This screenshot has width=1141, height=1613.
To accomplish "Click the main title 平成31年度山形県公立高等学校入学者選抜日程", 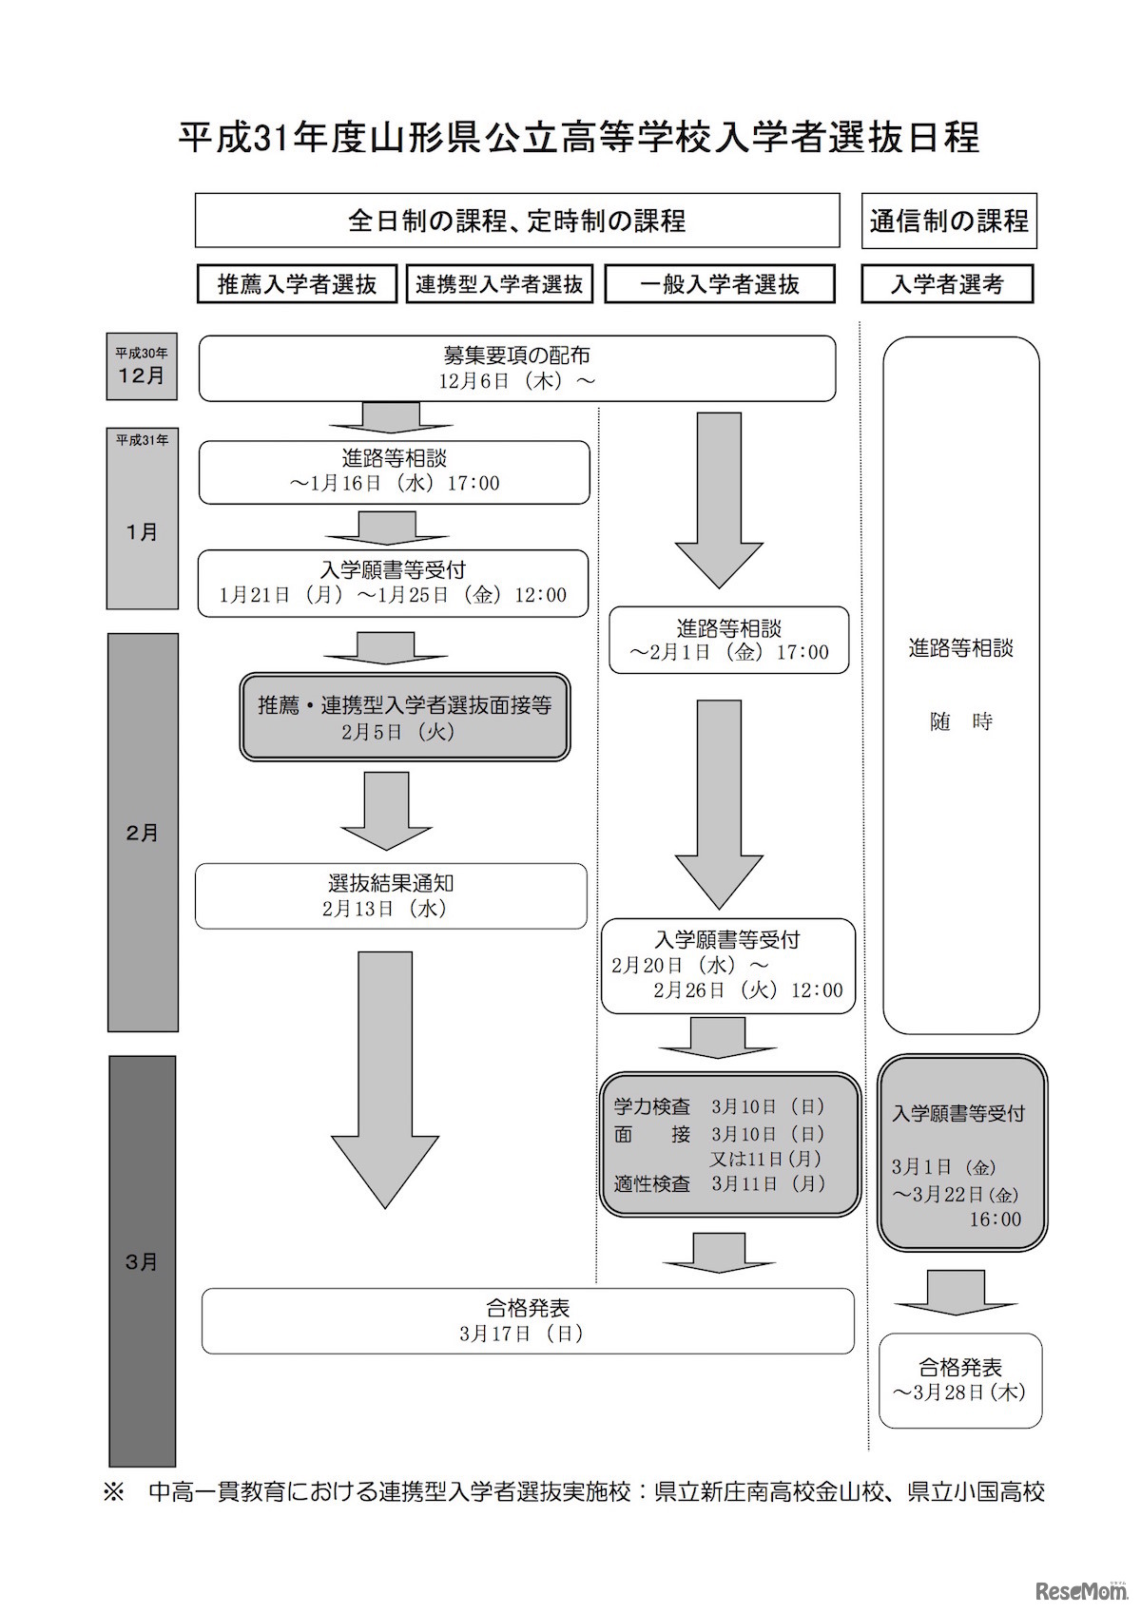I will point(579,138).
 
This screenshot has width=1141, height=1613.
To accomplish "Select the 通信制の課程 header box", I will point(948,221).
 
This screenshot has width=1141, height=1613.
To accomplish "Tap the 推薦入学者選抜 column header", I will point(297,283).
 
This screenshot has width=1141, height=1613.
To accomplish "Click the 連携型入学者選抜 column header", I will point(499,283).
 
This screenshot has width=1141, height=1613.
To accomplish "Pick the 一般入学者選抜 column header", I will point(720,283).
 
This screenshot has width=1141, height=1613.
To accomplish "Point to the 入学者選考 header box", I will point(947,283).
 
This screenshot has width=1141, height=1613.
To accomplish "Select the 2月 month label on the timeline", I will point(142,833).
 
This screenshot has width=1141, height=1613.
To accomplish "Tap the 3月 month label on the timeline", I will point(142,1262).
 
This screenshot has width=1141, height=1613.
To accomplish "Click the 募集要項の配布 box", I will point(517,368).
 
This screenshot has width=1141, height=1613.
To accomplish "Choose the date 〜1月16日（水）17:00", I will point(395,484).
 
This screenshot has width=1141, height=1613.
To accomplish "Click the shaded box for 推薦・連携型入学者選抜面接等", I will point(404,718).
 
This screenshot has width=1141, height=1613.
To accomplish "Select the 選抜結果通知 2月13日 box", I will point(391,895).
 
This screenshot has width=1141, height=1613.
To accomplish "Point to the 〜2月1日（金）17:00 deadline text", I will point(729,653).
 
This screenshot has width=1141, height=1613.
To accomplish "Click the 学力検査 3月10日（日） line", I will point(720,1106).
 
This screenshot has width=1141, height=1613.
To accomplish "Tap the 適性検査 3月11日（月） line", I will point(720,1184).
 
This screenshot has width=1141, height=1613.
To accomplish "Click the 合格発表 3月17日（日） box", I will point(528,1320).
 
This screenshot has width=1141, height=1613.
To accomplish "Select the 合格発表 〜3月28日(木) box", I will point(960,1380).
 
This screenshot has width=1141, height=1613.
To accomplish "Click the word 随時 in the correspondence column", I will point(960,721).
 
